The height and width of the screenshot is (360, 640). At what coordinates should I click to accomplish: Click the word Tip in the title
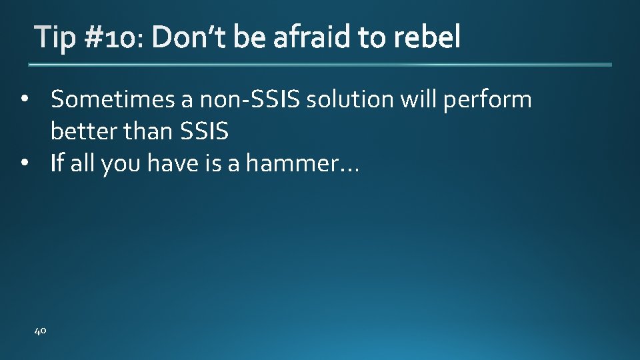[x=56, y=39]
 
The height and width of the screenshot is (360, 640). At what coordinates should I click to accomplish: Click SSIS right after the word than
[x=204, y=132]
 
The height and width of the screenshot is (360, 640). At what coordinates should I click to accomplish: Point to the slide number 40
[x=40, y=330]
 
